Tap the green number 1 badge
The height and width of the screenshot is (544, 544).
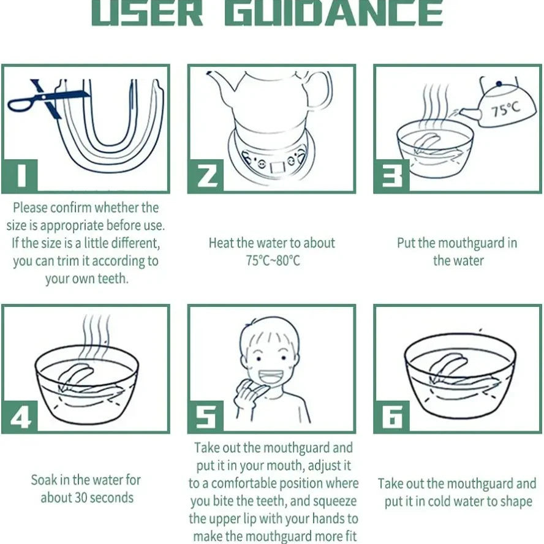pyautogui.click(x=20, y=176)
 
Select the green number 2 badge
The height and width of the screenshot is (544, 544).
pyautogui.click(x=206, y=176)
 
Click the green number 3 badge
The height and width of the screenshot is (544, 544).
pyautogui.click(x=391, y=176)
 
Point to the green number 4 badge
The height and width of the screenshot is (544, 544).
pyautogui.click(x=20, y=417)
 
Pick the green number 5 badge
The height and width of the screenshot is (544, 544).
pyautogui.click(x=206, y=417)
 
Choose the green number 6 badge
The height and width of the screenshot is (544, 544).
pyautogui.click(x=391, y=417)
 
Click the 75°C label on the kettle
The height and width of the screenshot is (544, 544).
pyautogui.click(x=506, y=109)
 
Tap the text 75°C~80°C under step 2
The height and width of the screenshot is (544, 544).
pyautogui.click(x=273, y=260)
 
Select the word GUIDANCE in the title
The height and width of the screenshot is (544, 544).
pyautogui.click(x=334, y=13)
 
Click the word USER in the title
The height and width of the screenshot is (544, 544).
pyautogui.click(x=147, y=13)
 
